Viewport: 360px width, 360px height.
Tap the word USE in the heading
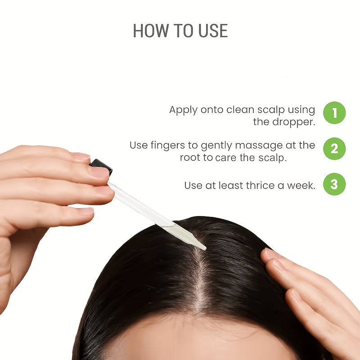[213, 31]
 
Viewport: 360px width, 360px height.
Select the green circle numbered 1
[334, 113]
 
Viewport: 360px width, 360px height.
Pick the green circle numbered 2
[334, 148]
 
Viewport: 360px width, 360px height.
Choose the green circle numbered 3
[334, 184]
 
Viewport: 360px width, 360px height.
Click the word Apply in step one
[183, 110]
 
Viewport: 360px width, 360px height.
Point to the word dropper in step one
[293, 122]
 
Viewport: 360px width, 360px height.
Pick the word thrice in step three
[260, 185]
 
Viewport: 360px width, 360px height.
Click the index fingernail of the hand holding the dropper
[81, 156]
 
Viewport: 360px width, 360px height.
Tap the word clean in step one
[239, 110]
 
